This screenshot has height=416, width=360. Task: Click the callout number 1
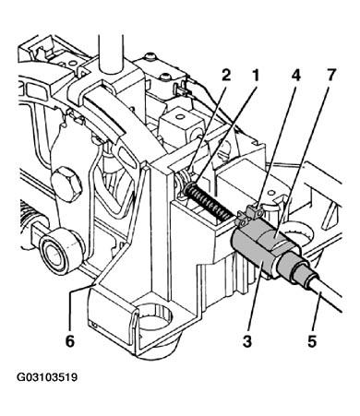(x=255, y=75)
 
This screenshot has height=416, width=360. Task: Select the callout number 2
(x=226, y=75)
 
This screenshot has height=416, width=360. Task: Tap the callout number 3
(x=247, y=341)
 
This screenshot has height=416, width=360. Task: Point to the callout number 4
(x=295, y=75)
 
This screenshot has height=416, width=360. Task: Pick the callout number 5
(x=312, y=341)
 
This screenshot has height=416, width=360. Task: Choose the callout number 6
(x=70, y=341)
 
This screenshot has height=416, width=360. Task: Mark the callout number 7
(x=330, y=75)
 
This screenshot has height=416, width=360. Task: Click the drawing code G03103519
(x=47, y=377)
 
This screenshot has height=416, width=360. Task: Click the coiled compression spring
(x=210, y=202)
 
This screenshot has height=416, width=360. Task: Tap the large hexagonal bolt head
(x=66, y=184)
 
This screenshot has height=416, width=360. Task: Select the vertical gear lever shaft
(x=111, y=53)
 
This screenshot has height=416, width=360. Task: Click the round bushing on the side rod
(x=62, y=252)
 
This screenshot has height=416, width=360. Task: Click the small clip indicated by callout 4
(x=251, y=214)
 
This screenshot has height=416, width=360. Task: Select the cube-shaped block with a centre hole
(x=182, y=124)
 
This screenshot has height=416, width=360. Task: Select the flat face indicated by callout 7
(x=272, y=240)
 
